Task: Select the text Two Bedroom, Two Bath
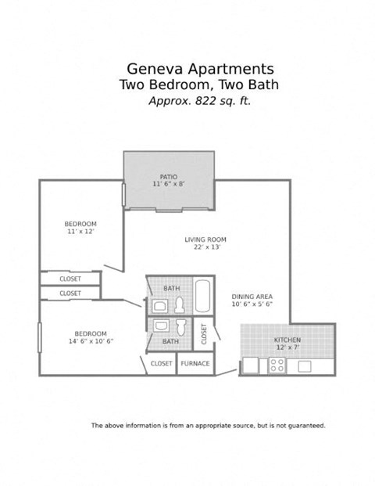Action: pyautogui.click(x=198, y=85)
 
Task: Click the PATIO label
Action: pyautogui.click(x=169, y=177)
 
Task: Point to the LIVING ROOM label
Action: pyautogui.click(x=205, y=239)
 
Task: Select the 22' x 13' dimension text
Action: pyautogui.click(x=205, y=247)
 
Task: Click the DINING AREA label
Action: pyautogui.click(x=252, y=297)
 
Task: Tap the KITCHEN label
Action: pyautogui.click(x=287, y=340)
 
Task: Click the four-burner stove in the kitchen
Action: pyautogui.click(x=277, y=365)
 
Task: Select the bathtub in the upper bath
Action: pyautogui.click(x=203, y=295)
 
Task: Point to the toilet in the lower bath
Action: pyautogui.click(x=181, y=326)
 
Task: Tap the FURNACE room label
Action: pyautogui.click(x=195, y=363)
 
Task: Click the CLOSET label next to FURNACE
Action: pyautogui.click(x=162, y=363)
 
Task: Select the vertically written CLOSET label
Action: pyautogui.click(x=205, y=333)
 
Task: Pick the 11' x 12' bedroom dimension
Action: pyautogui.click(x=80, y=232)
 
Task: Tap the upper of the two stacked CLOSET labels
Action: pyautogui.click(x=70, y=279)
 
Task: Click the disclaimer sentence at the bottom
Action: pyautogui.click(x=208, y=426)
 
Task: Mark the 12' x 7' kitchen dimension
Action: pyautogui.click(x=287, y=347)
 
